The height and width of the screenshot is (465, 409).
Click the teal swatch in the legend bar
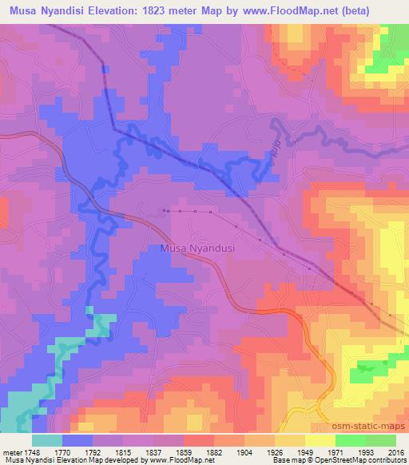(47, 439)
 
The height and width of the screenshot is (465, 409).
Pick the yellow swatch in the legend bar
(319, 439)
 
